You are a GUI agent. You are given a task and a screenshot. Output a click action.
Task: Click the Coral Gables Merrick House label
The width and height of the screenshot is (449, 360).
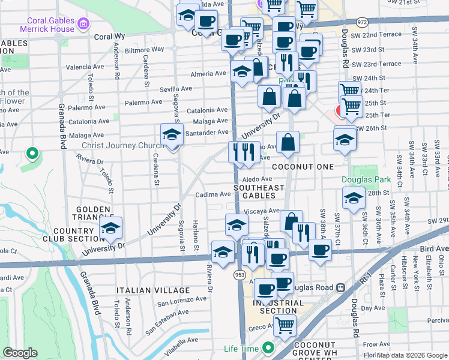(x=46, y=24)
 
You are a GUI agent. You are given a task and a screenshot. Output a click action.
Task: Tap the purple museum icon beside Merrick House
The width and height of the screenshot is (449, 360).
(x=84, y=25)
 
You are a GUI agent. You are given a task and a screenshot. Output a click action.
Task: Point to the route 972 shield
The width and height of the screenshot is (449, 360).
(x=345, y=22)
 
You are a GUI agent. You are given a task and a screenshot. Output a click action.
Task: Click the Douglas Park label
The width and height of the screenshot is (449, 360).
(x=366, y=179)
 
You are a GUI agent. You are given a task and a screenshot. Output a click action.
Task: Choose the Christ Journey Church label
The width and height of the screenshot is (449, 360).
(x=122, y=145)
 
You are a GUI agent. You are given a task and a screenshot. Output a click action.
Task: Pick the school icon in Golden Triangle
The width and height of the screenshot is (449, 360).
(x=110, y=229)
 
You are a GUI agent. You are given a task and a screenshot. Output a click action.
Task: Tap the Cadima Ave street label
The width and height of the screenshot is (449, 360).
(x=213, y=194)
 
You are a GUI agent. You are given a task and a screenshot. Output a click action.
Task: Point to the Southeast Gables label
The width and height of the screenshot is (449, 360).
(x=259, y=191)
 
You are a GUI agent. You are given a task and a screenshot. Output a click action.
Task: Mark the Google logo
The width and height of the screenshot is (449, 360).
(x=20, y=353)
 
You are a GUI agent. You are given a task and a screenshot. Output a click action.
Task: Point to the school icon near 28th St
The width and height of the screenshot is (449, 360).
(x=354, y=198)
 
